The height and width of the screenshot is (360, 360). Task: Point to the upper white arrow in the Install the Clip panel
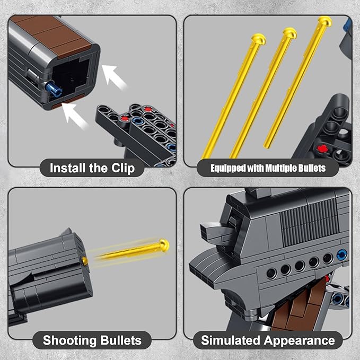[115, 76]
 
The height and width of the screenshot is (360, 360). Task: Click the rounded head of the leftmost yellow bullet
[258, 39]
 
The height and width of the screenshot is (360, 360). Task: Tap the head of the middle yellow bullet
[289, 33]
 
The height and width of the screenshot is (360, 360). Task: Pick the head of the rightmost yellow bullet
[324, 22]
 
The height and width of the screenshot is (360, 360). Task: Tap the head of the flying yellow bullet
[164, 245]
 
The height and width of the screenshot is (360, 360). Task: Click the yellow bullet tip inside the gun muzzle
[84, 260]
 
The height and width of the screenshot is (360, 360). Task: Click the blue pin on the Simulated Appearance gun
[342, 254]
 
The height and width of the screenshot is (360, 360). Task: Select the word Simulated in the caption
[230, 340]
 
